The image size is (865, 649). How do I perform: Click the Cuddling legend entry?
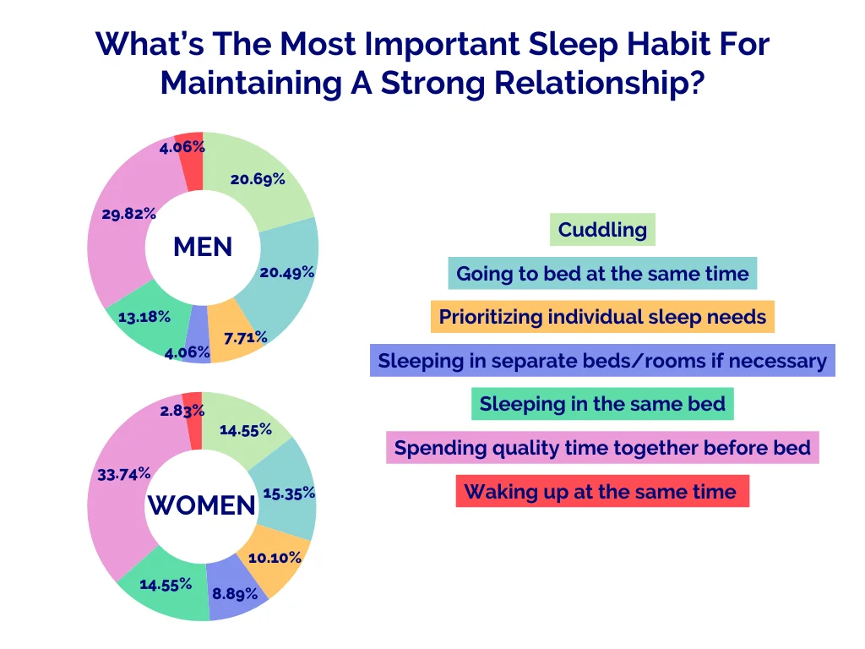602,229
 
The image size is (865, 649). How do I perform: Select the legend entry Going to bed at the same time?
602,274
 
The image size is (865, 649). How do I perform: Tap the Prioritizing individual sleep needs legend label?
602,318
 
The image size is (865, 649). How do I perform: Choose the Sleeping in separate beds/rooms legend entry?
602,361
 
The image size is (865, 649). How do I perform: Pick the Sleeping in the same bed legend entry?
602,404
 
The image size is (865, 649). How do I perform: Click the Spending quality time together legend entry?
602,448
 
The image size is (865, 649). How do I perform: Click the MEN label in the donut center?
203,247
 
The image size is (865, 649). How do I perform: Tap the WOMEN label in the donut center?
202,505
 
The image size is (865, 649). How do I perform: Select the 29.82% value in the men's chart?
128,214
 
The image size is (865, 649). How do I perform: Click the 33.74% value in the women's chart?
124,474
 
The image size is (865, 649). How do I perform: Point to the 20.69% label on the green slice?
257,179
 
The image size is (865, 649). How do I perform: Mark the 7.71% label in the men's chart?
245,338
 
